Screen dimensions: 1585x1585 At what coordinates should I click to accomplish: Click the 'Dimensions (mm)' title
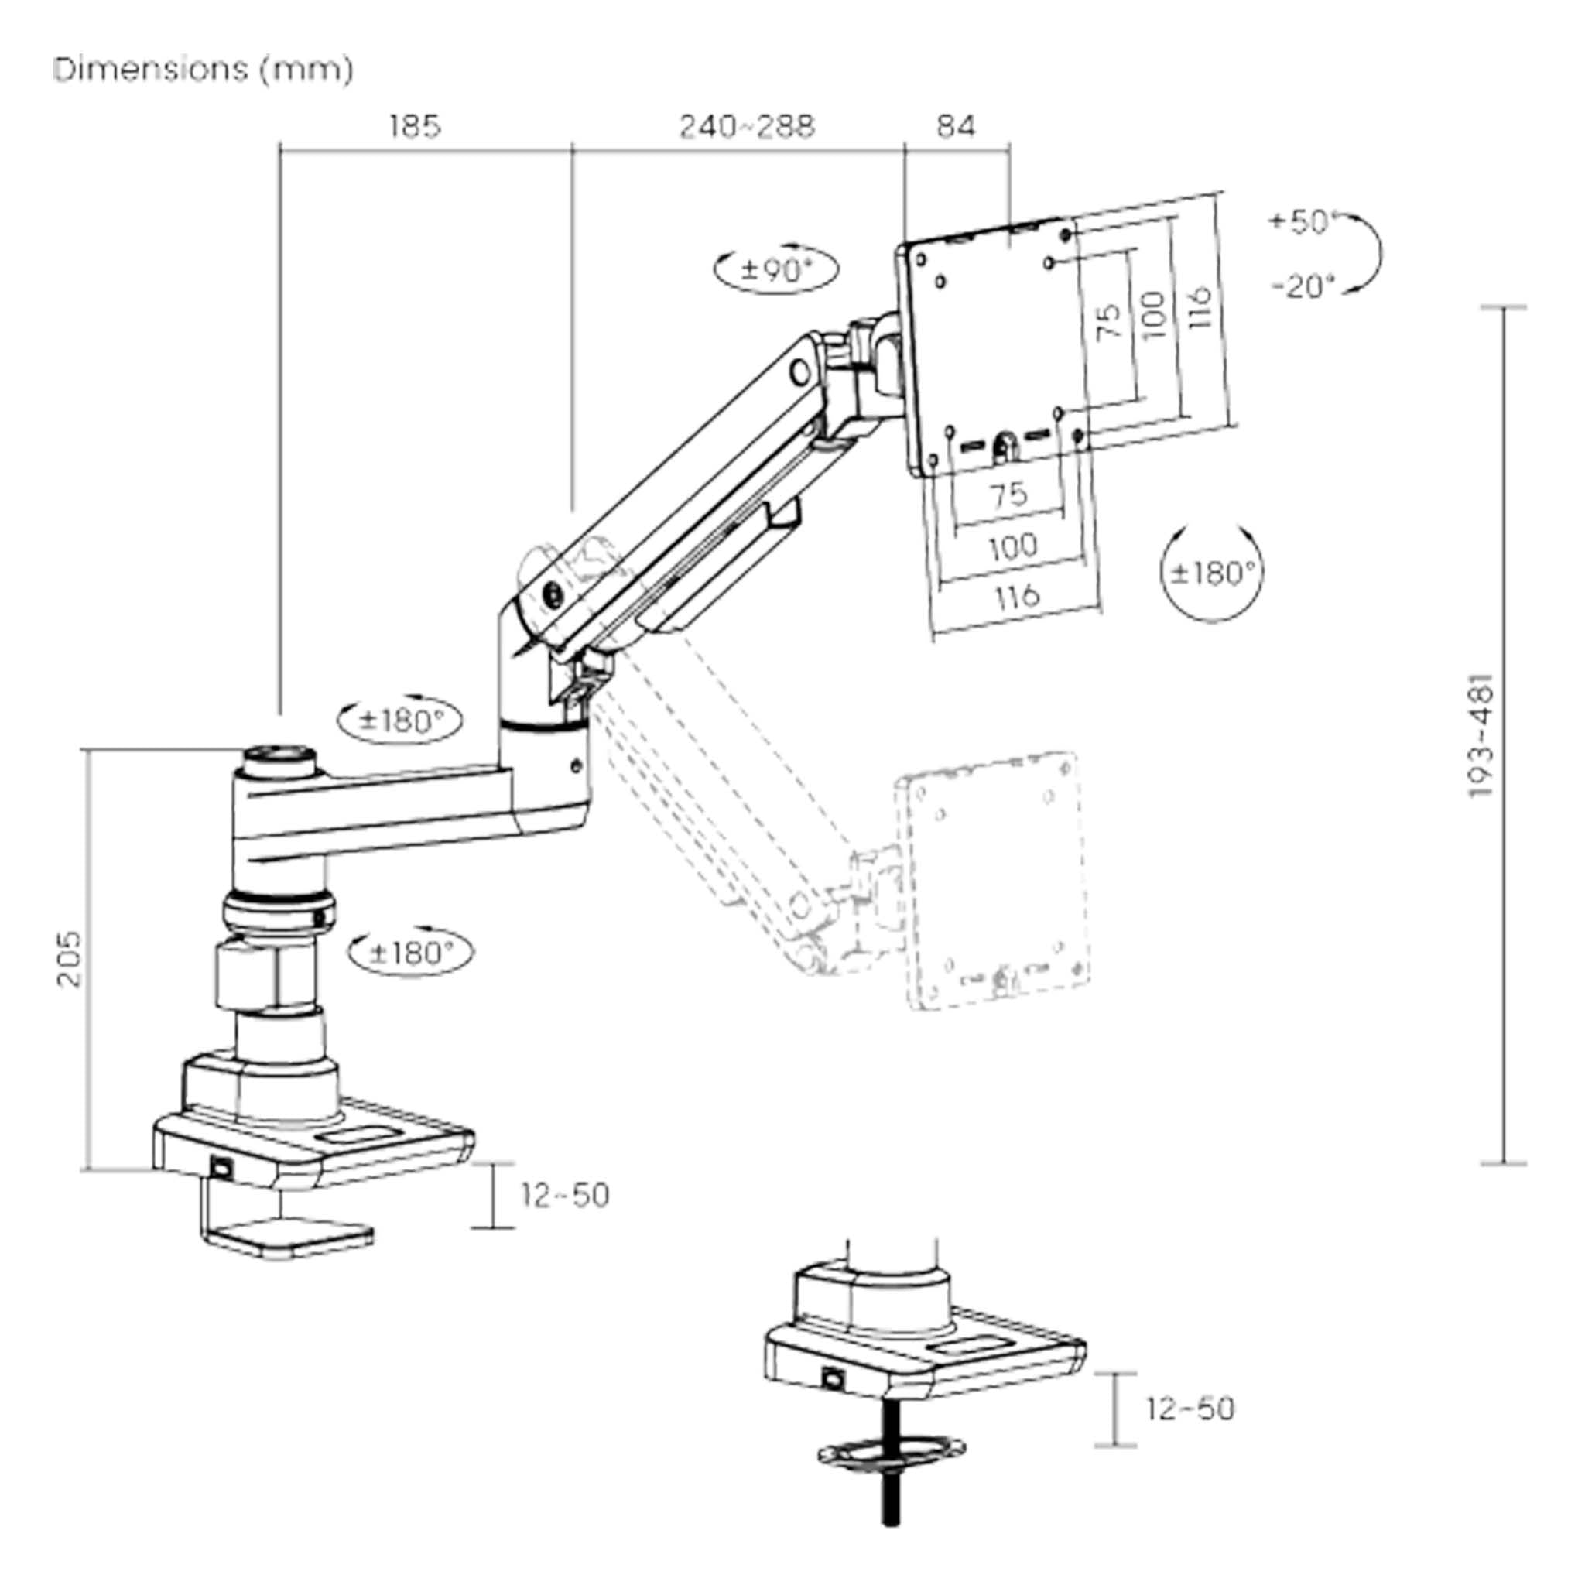pyautogui.click(x=203, y=69)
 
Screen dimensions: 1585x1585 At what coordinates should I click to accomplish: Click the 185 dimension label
pyautogui.click(x=414, y=126)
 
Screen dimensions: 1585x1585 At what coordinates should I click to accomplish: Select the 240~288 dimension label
pyautogui.click(x=747, y=126)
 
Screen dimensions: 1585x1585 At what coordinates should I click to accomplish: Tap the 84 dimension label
pyautogui.click(x=956, y=126)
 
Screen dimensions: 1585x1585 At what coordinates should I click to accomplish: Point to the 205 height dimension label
pyautogui.click(x=70, y=959)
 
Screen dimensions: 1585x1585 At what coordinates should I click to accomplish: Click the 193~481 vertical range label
pyautogui.click(x=1481, y=736)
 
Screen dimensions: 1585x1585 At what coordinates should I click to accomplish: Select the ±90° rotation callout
pyautogui.click(x=776, y=269)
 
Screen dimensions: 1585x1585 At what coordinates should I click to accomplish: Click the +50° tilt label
pyautogui.click(x=1302, y=221)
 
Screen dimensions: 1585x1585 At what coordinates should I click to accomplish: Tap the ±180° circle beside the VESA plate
pyautogui.click(x=1213, y=573)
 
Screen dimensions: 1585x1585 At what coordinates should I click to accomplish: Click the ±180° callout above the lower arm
pyautogui.click(x=400, y=721)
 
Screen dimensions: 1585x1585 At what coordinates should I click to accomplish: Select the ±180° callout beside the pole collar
pyautogui.click(x=411, y=953)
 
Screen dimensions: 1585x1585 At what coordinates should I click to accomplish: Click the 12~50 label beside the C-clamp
pyautogui.click(x=565, y=1195)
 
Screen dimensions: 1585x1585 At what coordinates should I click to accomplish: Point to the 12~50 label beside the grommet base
pyautogui.click(x=1190, y=1409)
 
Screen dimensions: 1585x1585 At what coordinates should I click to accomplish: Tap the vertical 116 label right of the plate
pyautogui.click(x=1200, y=308)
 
